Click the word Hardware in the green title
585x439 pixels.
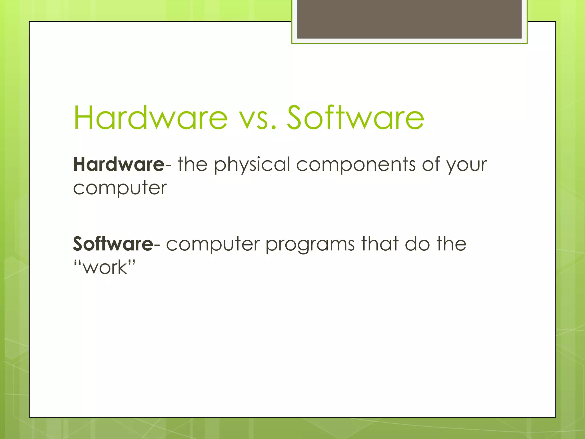[x=151, y=118]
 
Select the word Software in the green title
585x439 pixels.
[x=356, y=118]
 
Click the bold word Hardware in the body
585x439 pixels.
[x=119, y=164]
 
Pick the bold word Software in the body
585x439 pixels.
[x=113, y=244]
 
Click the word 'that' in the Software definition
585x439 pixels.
[x=380, y=244]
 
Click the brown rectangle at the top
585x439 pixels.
[x=409, y=19]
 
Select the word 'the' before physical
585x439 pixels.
[x=193, y=164]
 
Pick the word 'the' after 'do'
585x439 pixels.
[x=452, y=244]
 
